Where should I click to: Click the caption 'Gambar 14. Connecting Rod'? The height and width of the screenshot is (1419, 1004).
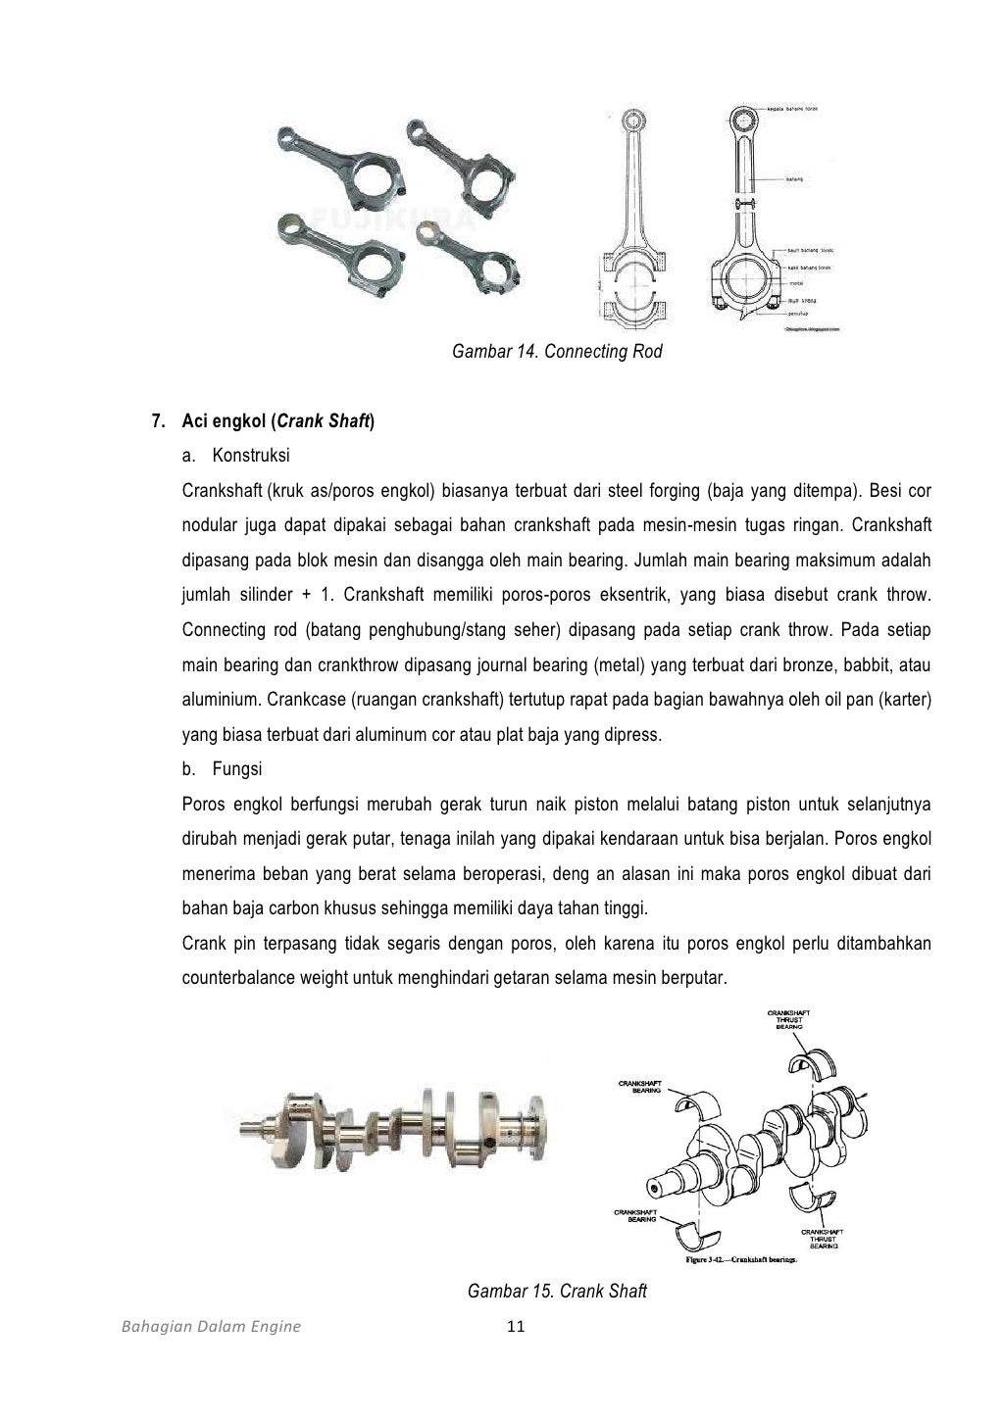(557, 351)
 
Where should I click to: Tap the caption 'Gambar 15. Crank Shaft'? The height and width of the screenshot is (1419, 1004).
(557, 1291)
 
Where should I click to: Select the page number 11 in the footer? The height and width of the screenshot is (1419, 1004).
(517, 1327)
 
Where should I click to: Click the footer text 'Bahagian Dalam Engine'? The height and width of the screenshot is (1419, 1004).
(211, 1327)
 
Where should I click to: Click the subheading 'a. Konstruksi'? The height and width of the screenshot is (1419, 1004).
(236, 456)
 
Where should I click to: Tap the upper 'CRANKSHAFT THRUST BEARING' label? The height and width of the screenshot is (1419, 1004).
(788, 1019)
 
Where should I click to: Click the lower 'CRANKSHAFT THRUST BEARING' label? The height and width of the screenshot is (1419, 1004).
(823, 1239)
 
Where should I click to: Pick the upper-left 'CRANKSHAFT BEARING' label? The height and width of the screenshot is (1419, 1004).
(639, 1086)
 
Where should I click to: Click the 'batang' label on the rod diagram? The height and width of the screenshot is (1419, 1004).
(795, 179)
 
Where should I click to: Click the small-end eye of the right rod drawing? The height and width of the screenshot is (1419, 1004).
(747, 124)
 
